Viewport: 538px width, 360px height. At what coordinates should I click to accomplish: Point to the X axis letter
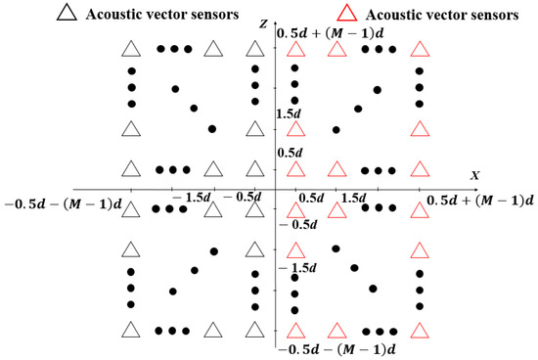click(x=475, y=175)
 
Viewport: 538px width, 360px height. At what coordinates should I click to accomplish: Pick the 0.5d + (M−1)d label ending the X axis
click(x=481, y=201)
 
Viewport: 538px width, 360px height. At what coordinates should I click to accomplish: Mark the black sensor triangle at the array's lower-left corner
click(x=131, y=329)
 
